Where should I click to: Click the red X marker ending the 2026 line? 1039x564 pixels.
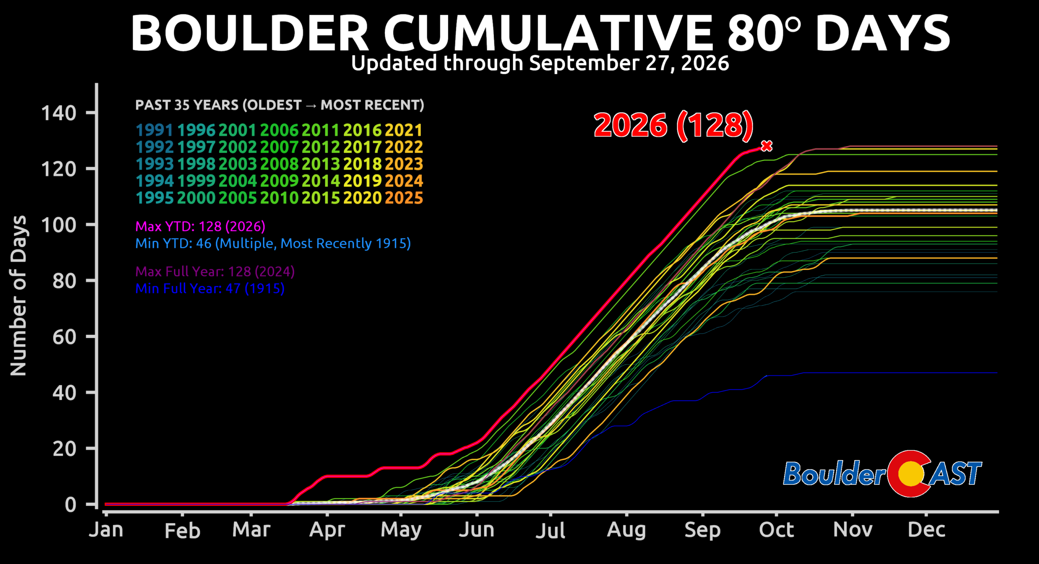pos(767,146)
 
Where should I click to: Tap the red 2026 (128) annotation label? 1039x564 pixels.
pos(674,125)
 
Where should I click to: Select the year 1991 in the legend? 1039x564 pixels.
pos(154,130)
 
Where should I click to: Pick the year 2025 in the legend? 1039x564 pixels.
pos(404,198)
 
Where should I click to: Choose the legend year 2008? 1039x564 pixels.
pos(279,164)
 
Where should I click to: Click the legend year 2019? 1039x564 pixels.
pos(362,181)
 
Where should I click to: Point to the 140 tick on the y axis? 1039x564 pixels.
pos(58,113)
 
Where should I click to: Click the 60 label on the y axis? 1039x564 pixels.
pos(64,337)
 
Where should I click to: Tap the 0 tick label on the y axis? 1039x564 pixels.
pos(71,505)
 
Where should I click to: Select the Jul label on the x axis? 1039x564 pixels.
pos(550,530)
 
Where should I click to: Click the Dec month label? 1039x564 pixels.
pos(927,530)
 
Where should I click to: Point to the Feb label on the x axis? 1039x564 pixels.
pos(182,531)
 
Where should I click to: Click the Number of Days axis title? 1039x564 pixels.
pos(18,296)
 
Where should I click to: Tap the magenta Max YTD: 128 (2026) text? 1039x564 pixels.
pos(200,226)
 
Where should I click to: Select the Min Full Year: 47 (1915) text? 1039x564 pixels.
pos(210,288)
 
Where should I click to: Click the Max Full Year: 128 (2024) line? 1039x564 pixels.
pos(215,271)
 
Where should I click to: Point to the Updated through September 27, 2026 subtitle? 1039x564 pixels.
pos(540,63)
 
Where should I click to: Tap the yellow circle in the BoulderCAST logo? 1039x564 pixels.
pos(911,474)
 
